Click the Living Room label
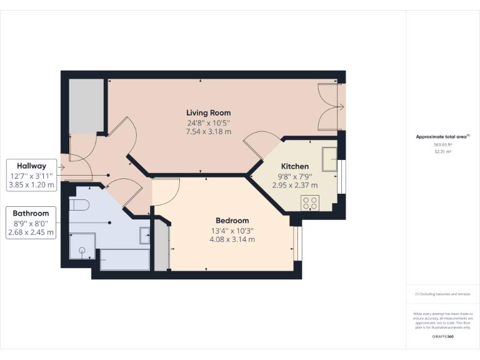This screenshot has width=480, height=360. [208, 113]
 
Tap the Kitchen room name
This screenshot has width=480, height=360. [294, 167]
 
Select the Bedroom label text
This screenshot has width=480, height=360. [232, 221]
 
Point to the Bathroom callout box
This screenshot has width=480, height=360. [31, 222]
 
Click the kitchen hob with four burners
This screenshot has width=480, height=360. [310, 202]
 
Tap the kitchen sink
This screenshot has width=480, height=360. [329, 158]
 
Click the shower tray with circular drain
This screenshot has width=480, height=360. [82, 247]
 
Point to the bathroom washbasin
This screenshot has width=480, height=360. [144, 236]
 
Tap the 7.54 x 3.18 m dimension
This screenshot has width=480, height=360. [208, 132]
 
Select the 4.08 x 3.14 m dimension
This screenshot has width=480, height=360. [232, 239]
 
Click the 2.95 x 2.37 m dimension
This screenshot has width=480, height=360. [294, 185]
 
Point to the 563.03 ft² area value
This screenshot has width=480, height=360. [442, 145]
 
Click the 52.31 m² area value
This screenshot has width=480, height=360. [442, 152]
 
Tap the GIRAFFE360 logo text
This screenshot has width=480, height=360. [442, 337]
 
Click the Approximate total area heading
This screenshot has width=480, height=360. [442, 136]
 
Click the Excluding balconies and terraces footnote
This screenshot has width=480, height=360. [442, 294]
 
